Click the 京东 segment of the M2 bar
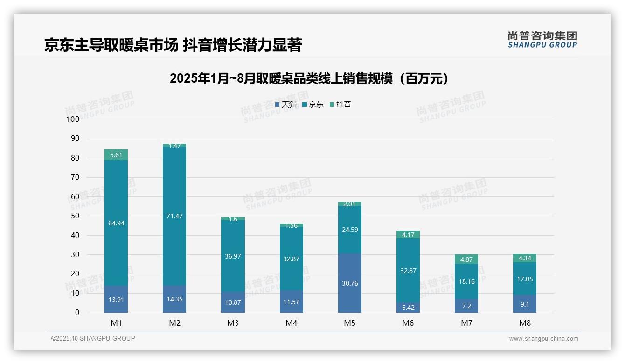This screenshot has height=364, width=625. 174,216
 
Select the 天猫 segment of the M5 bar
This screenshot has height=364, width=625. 350,283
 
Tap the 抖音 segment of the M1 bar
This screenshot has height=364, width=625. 116,155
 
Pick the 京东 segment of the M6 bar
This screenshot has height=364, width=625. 408,271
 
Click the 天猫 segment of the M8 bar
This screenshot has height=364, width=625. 525,304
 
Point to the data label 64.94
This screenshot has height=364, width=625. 116,223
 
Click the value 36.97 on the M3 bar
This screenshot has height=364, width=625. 233,256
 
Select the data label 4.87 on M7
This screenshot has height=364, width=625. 466,259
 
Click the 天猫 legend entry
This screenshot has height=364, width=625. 285,105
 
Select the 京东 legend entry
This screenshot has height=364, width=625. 313,105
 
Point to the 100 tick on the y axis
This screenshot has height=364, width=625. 73,119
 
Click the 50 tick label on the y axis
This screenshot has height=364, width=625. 75,216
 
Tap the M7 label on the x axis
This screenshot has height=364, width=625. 466,323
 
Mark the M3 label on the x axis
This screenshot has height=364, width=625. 233,323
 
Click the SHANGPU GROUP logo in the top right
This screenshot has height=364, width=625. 542,40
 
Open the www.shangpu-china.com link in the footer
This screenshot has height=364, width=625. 543,339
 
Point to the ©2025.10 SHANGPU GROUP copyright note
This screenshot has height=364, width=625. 93,338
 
